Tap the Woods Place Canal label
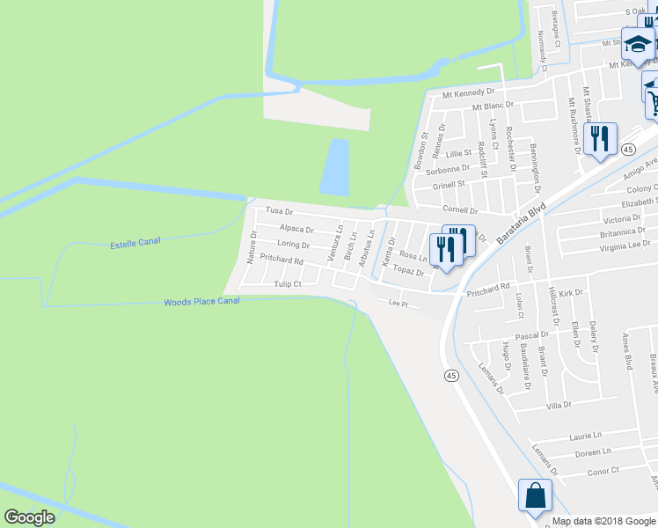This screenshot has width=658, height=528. (x=201, y=302)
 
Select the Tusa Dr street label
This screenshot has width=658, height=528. (x=279, y=211)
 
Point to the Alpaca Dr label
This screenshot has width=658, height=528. (x=296, y=229)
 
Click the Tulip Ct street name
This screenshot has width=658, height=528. (x=288, y=284)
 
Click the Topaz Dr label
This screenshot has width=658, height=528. (x=409, y=272)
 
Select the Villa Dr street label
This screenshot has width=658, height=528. (x=559, y=405)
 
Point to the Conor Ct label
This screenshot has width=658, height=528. (x=603, y=471)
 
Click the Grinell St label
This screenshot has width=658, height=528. (x=449, y=185)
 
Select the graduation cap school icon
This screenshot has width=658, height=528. (x=636, y=41)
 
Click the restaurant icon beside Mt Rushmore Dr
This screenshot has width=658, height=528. (x=600, y=139)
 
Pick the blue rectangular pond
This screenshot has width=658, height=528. (x=334, y=167)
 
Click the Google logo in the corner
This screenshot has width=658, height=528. (x=29, y=517)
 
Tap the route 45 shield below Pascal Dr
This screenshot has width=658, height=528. (x=451, y=376)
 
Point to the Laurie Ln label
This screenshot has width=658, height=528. (x=585, y=435)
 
